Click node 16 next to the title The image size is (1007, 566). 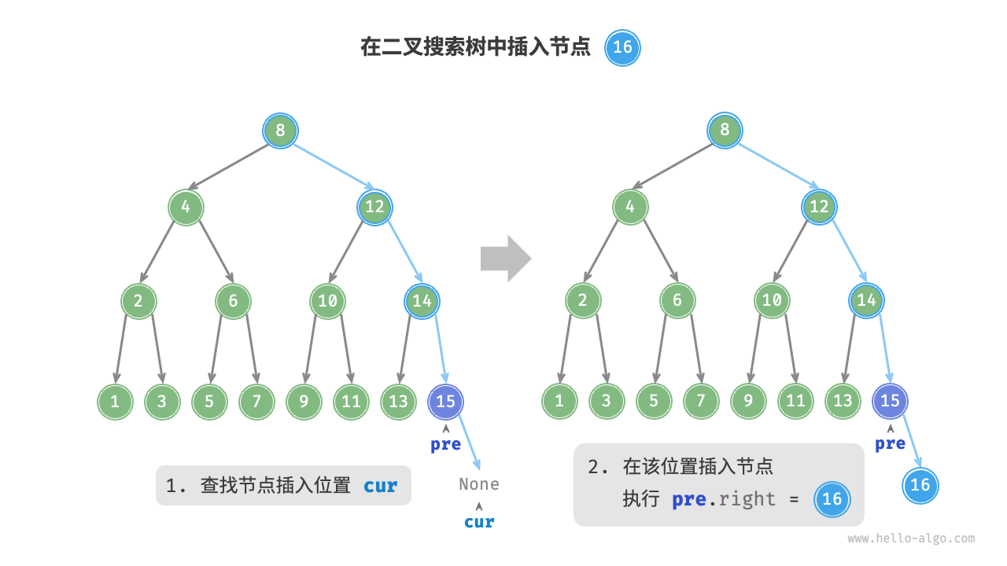pyautogui.click(x=622, y=47)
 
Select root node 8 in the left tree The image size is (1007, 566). pyautogui.click(x=280, y=130)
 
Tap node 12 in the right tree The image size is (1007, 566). pyautogui.click(x=819, y=207)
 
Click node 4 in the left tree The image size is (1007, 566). pyautogui.click(x=186, y=207)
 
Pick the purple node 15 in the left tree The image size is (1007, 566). pyautogui.click(x=446, y=402)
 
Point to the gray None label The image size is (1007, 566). pyautogui.click(x=479, y=484)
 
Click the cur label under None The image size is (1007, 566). pyautogui.click(x=479, y=522)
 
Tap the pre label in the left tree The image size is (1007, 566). pyautogui.click(x=446, y=445)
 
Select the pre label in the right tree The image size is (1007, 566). pyautogui.click(x=890, y=444)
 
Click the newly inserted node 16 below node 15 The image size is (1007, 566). pyautogui.click(x=920, y=484)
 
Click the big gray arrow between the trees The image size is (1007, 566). pyautogui.click(x=506, y=258)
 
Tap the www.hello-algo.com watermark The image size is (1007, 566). pyautogui.click(x=911, y=539)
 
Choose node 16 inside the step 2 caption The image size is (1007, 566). pyautogui.click(x=832, y=499)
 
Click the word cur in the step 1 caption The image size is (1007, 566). pyautogui.click(x=381, y=486)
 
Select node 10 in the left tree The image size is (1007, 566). pyautogui.click(x=327, y=300)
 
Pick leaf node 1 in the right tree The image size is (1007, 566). pyautogui.click(x=559, y=402)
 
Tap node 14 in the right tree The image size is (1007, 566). pyautogui.click(x=867, y=300)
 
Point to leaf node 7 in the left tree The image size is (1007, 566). pyautogui.click(x=256, y=402)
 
